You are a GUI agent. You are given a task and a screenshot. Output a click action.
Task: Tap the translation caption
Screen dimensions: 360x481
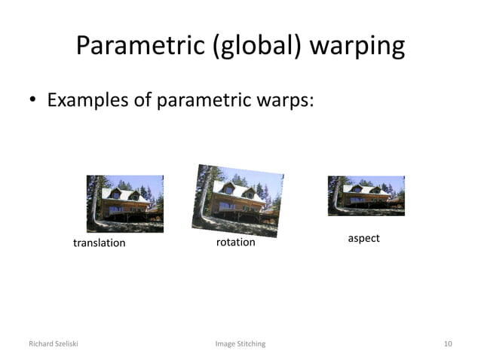99,243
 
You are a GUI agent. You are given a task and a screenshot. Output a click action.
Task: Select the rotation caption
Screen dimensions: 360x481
235,243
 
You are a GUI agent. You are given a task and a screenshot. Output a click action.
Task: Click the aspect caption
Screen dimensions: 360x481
363,238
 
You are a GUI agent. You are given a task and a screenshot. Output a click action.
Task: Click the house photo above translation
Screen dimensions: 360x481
124,203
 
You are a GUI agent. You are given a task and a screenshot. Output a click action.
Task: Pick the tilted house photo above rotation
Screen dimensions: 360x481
237,200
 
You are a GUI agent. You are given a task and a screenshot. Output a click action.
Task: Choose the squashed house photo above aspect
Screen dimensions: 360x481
366,195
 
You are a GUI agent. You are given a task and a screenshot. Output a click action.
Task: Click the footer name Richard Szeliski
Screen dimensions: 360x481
53,344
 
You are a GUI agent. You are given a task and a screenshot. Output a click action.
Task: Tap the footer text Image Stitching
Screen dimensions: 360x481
240,344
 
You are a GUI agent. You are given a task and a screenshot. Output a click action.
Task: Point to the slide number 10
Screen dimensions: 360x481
448,344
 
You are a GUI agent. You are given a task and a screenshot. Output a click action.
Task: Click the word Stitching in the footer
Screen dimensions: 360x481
251,344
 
